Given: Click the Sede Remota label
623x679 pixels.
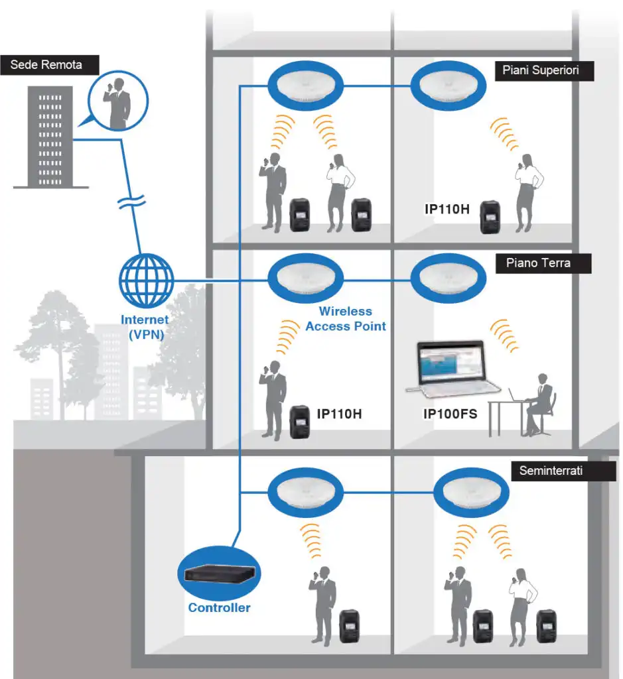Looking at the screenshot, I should coord(46,64).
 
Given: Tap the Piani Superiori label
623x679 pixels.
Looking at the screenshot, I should coord(544,71).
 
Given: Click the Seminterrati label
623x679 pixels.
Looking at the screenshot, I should coord(551,471).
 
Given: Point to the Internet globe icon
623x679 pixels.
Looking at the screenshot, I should coord(147,282).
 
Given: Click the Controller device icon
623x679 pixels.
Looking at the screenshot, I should coord(220,574).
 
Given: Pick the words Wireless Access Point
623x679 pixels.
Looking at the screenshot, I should coord(345,319).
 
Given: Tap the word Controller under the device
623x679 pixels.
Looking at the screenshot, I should coord(219,607).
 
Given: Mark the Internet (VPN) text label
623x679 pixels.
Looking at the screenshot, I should coord(145,326).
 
